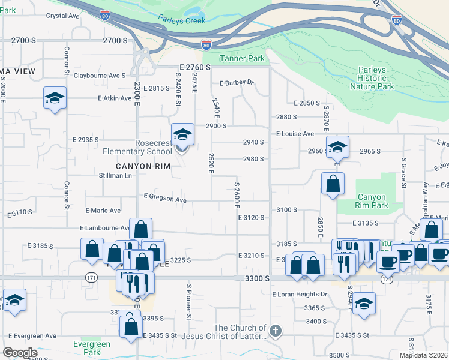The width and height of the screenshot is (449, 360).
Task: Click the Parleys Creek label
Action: pos(182,20)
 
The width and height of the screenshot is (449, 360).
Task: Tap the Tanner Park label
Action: pos(243,58)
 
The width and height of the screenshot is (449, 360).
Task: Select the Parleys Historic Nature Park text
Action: pos(376,78)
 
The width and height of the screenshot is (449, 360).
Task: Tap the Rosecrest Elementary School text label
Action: pos(145,147)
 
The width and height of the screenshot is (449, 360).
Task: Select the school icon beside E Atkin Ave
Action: pos(55,98)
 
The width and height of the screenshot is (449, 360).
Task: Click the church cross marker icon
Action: pos(275,331)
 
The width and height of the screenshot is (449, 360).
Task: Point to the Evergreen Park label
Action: pos(92,348)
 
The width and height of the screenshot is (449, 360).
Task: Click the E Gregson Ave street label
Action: pos(165,197)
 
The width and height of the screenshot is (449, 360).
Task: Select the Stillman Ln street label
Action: pos(115,176)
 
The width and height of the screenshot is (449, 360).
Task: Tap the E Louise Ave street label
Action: pos(295,134)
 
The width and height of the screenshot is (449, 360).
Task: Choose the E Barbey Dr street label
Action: pos(237,83)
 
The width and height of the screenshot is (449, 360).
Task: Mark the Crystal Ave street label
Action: pos(63,16)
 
